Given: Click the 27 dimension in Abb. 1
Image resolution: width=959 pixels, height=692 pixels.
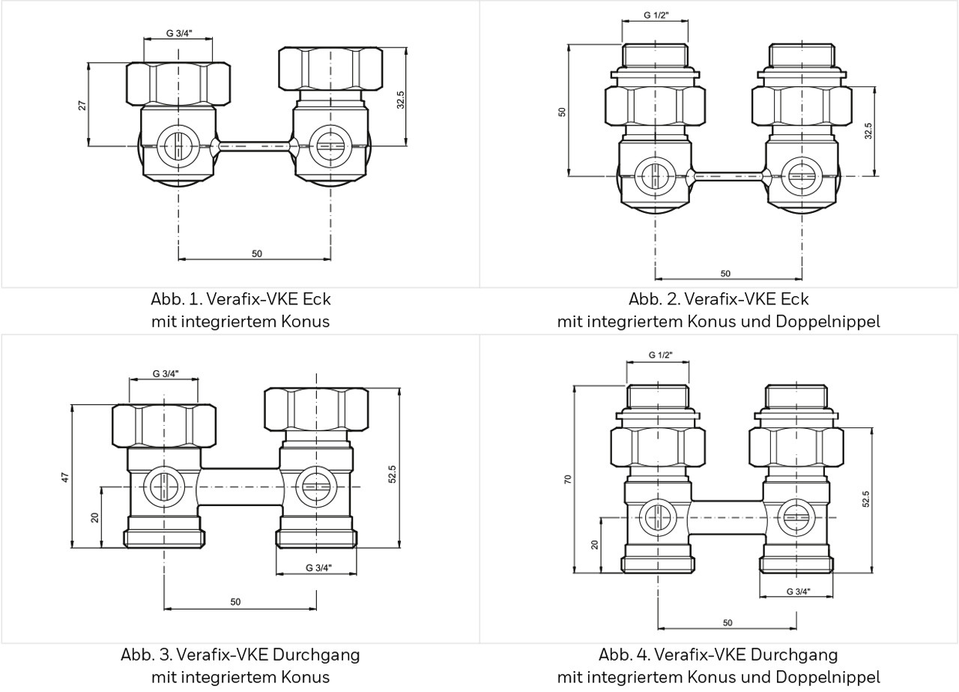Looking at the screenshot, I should [83, 105].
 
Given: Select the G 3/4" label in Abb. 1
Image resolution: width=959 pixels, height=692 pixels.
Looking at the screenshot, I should [178, 33].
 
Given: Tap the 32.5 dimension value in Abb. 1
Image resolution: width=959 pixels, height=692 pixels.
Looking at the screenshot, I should [401, 100].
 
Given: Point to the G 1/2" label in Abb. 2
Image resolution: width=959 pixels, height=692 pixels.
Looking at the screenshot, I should [656, 15].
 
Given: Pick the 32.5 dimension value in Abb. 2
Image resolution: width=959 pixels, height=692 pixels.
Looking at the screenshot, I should [868, 131].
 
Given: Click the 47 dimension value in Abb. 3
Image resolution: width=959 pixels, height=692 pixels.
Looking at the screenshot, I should [65, 477].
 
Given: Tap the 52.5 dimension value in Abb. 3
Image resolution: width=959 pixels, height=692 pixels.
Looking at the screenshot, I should [393, 474].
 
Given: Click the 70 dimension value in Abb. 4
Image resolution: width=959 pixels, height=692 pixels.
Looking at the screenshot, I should [567, 479].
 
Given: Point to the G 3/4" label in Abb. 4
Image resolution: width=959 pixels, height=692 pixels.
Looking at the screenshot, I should [798, 591].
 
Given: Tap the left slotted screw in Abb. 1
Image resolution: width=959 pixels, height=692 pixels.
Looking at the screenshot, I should [178, 144].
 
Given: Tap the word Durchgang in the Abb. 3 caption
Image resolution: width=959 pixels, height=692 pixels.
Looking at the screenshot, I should [321, 655].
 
